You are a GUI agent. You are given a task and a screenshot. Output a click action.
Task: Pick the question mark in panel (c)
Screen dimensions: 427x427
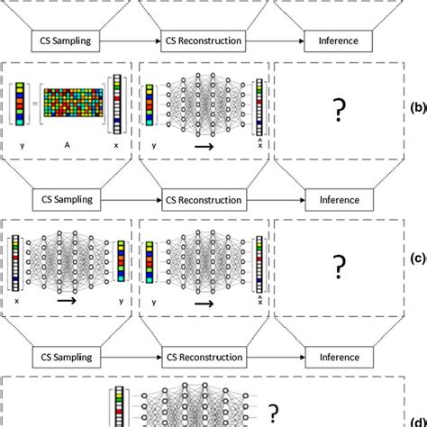coord(340,267)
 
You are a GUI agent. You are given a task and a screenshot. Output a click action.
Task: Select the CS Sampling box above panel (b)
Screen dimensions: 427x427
coord(68,40)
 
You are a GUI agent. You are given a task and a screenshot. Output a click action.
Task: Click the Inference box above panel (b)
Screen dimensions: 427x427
coord(338,40)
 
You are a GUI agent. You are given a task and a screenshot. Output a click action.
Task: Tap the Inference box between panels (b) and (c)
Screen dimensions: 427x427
coord(338,200)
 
